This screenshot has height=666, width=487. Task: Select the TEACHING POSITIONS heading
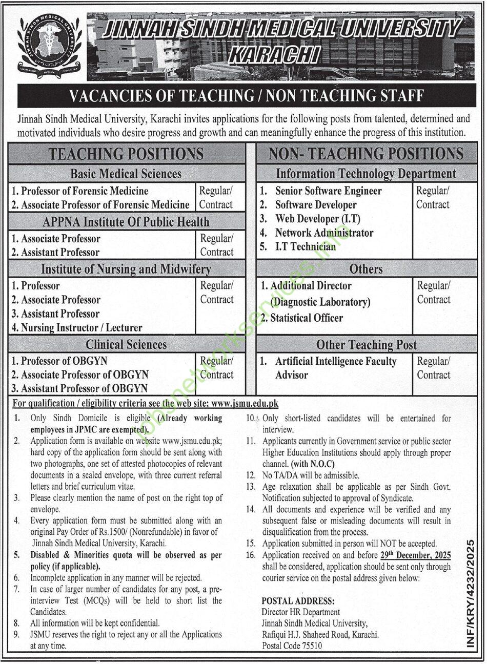click(x=126, y=154)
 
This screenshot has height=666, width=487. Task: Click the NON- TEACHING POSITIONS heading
click(x=366, y=154)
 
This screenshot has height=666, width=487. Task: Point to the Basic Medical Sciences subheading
click(x=126, y=174)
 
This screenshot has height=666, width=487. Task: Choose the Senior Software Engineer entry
click(x=328, y=191)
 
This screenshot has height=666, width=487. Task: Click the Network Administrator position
click(x=324, y=233)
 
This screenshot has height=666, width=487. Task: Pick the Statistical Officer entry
click(x=306, y=318)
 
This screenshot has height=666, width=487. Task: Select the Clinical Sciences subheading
click(x=126, y=345)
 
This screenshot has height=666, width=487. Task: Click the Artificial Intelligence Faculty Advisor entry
click(x=335, y=368)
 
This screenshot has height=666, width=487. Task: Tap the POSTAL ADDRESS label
click(x=297, y=600)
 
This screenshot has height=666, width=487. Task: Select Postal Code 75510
click(x=292, y=646)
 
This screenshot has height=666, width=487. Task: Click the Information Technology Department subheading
click(x=366, y=174)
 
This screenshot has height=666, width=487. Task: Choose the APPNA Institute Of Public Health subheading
click(x=126, y=222)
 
